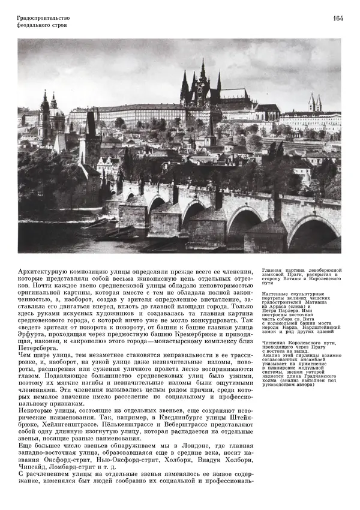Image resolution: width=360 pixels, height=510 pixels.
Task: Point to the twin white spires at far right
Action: pos(314,103)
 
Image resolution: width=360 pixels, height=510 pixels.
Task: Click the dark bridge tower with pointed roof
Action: pos(91,129)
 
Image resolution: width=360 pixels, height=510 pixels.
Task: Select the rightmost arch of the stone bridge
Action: pos(313,230)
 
